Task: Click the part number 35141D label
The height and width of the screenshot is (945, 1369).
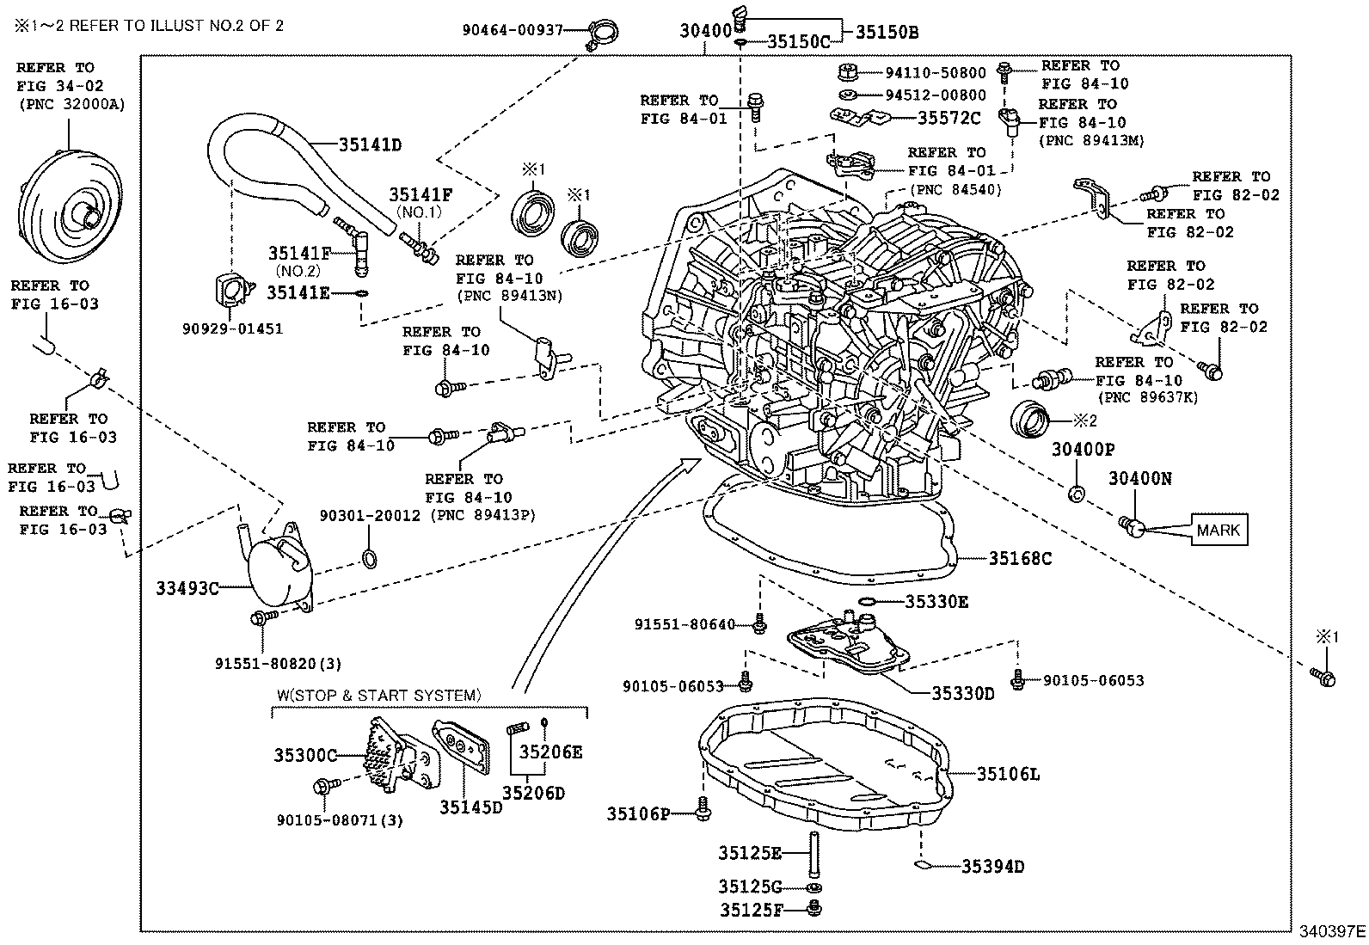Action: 370,144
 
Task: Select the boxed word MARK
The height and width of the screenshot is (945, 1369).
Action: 1218,530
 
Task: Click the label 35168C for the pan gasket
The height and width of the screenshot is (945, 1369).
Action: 1020,558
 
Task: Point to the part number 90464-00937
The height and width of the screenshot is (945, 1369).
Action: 513,30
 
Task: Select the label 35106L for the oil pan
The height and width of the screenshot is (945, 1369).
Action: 1008,774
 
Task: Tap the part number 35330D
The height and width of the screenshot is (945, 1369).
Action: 963,692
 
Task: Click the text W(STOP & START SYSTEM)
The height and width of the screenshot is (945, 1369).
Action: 378,695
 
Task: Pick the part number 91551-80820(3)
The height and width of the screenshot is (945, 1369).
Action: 279,663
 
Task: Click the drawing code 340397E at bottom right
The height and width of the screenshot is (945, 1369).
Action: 1332,931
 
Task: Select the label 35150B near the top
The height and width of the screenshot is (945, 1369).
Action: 887,33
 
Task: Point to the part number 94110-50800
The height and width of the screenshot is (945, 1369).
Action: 936,73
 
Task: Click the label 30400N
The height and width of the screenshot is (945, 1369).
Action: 1139,479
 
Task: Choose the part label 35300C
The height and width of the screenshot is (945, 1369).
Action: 305,755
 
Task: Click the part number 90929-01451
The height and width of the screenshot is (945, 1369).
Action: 232,328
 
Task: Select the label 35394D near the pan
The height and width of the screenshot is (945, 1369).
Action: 992,866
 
